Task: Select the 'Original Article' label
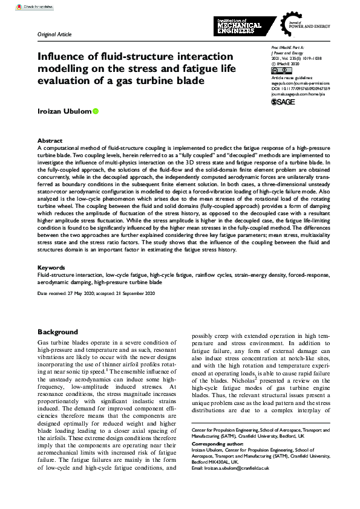(x=54, y=35)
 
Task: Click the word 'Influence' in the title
(x=58, y=56)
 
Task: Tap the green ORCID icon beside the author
(x=95, y=111)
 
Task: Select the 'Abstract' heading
(x=50, y=140)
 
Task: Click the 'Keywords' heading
(x=51, y=267)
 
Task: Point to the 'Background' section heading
(x=57, y=332)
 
